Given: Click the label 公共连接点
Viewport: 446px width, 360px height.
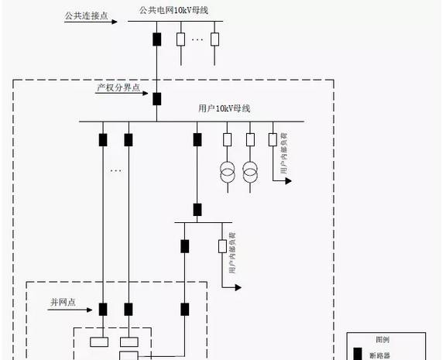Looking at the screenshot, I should point(86,15).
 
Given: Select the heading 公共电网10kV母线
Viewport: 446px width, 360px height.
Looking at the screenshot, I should point(174,9).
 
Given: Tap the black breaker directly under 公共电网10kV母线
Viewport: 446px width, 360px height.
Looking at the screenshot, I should point(156,39).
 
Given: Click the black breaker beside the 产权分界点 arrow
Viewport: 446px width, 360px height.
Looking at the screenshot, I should point(156,98).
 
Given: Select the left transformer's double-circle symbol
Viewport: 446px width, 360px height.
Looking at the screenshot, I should point(228,173).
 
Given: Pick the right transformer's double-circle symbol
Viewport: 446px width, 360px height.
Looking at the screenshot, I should point(250,173).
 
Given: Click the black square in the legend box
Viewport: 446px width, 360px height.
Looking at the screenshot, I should point(358,355).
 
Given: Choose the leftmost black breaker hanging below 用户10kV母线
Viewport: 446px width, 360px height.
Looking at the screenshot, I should point(102,140).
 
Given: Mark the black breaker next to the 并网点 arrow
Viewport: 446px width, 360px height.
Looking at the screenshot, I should point(102,310).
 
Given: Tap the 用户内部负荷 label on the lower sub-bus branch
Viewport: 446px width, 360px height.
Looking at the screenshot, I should point(232,256).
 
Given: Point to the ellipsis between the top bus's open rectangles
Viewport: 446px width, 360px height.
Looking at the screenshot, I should point(197,39).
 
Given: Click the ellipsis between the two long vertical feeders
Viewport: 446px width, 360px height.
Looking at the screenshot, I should point(115,170).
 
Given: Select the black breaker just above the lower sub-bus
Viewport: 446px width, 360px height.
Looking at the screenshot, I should point(197,209).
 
